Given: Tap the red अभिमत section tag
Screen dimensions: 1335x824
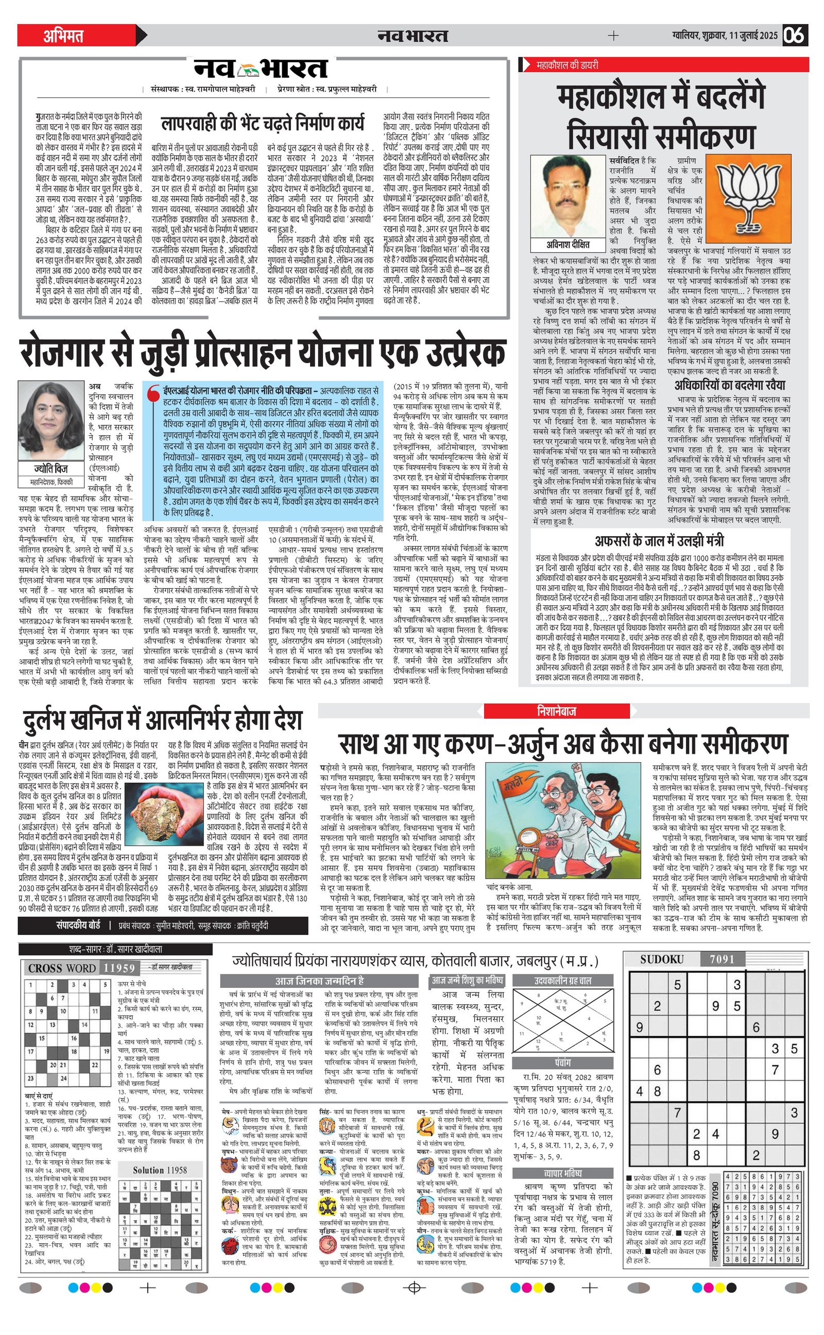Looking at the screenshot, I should [x=64, y=36].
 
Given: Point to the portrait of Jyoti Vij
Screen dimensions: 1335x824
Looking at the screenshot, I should [x=51, y=422].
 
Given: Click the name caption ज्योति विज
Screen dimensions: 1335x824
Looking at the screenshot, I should [x=51, y=469].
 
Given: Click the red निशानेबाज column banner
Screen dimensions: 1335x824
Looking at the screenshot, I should [x=556, y=711].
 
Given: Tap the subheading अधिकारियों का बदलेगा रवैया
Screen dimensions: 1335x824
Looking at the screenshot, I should [x=730, y=385].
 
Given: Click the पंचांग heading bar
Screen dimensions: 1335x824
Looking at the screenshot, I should [x=562, y=1063].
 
